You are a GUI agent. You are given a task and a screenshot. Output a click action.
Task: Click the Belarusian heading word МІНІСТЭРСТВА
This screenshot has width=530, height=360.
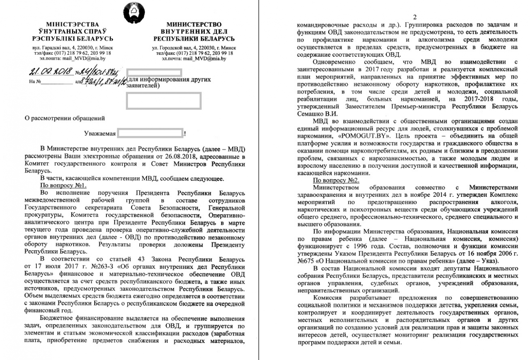(x=73, y=24)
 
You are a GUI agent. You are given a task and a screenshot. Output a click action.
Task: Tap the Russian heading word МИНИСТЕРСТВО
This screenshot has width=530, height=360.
(x=194, y=24)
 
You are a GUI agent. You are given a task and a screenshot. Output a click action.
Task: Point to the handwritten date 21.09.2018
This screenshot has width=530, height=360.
(x=48, y=72)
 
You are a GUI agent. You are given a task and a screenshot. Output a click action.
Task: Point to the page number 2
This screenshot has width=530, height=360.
(x=408, y=14)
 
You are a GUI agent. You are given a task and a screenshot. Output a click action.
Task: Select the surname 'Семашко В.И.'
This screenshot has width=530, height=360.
(x=318, y=113)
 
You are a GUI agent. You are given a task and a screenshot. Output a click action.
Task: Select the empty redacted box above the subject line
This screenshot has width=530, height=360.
(x=163, y=101)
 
